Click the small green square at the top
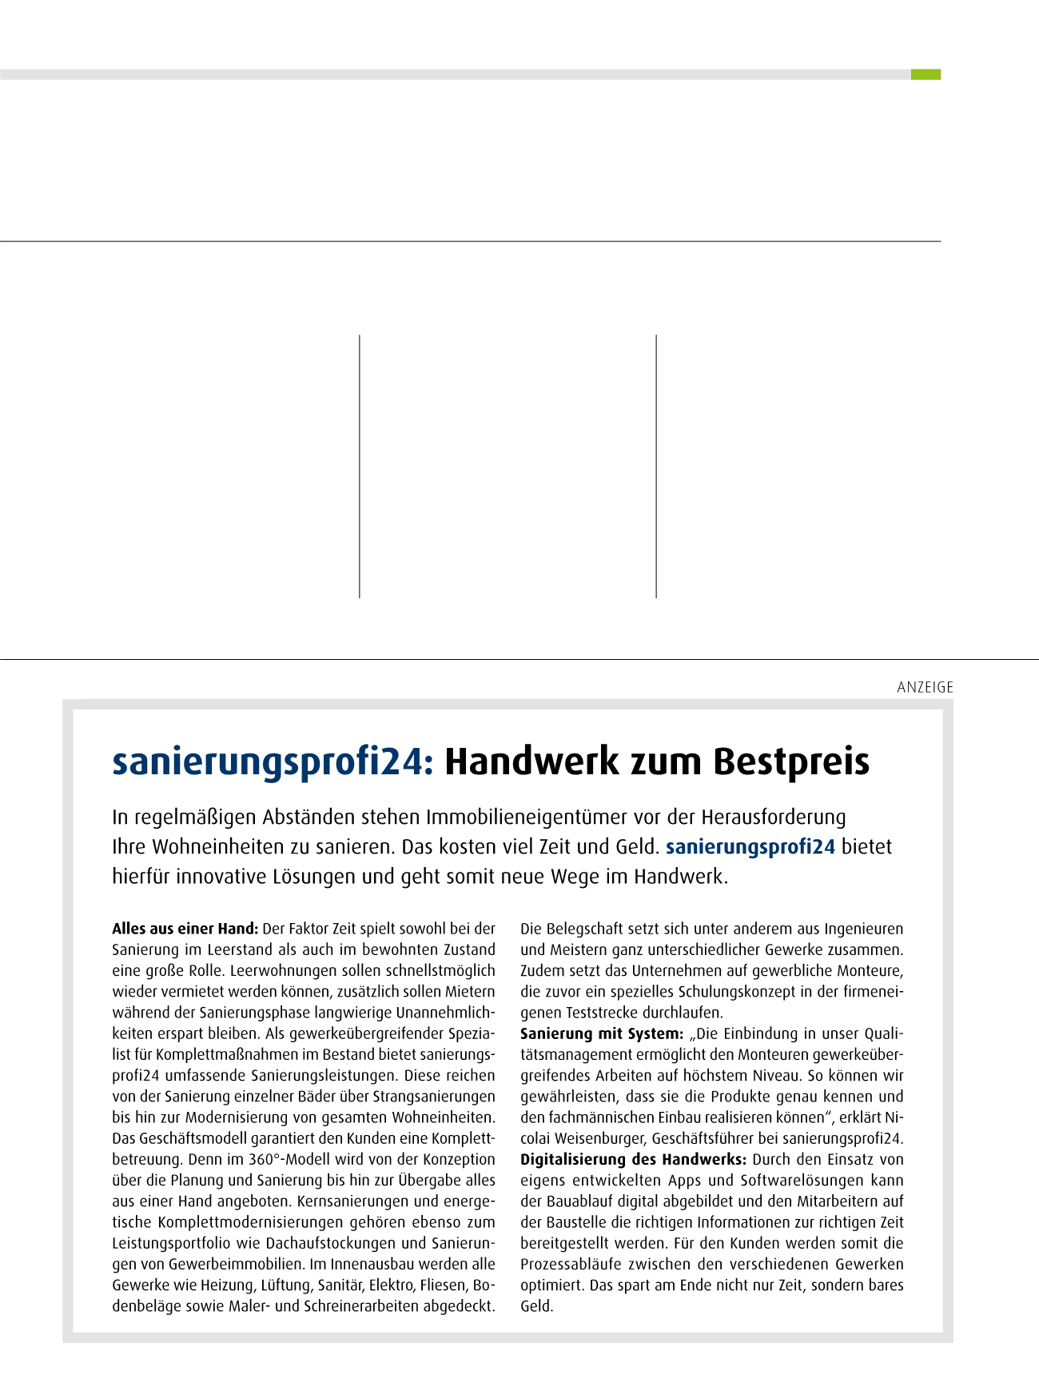(x=926, y=74)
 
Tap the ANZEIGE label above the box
(x=925, y=687)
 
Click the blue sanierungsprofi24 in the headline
(x=272, y=761)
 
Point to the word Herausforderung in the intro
(x=773, y=817)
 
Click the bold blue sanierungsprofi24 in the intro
(x=750, y=847)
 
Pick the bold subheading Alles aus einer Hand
(x=185, y=929)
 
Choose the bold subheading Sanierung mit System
(x=601, y=1033)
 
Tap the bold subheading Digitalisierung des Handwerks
(x=633, y=1159)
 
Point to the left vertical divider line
(x=360, y=466)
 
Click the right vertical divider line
(x=656, y=466)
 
